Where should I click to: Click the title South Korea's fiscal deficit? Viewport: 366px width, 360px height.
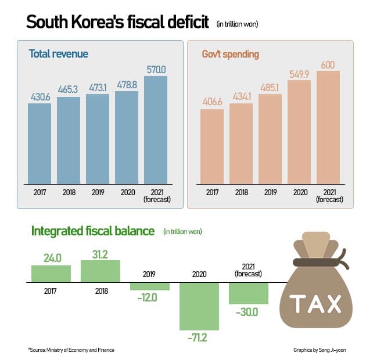tap(118, 23)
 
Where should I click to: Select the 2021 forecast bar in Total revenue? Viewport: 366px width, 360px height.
tap(156, 131)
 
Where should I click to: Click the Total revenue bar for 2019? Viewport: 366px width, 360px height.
tap(98, 139)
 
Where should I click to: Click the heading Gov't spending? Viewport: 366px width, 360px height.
tap(230, 54)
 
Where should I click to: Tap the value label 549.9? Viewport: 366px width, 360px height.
tap(299, 73)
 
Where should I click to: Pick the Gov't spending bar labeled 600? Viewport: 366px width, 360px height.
tap(328, 128)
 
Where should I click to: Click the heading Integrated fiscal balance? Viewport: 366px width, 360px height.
tap(92, 231)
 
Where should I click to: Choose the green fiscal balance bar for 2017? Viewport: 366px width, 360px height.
tap(51, 273)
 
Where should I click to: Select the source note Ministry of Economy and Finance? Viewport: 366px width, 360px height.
tap(71, 350)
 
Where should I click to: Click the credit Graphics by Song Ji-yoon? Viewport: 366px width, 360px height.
tap(319, 350)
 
